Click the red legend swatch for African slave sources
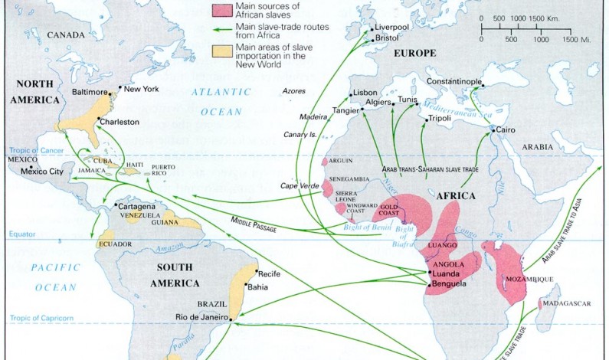coord(223,9)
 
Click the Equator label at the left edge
coord(17,234)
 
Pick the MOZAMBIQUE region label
coord(529,279)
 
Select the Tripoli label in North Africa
coord(439,119)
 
